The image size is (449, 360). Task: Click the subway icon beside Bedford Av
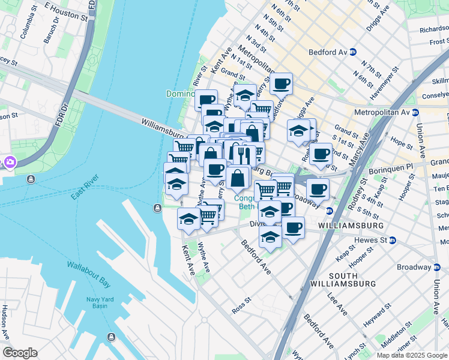pos(354,52)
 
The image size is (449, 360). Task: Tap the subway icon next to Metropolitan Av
pos(415,112)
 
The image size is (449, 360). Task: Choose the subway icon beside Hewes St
pos(392,240)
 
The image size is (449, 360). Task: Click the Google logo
pos(20,353)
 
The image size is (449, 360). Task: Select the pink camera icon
pos(10,162)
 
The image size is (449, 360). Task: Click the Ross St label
pos(240,307)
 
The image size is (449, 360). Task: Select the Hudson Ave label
pos(5,322)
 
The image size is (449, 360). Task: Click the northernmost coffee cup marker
pos(280,84)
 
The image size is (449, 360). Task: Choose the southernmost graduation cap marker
pos(270,236)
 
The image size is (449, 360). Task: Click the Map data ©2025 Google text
pos(412,355)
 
